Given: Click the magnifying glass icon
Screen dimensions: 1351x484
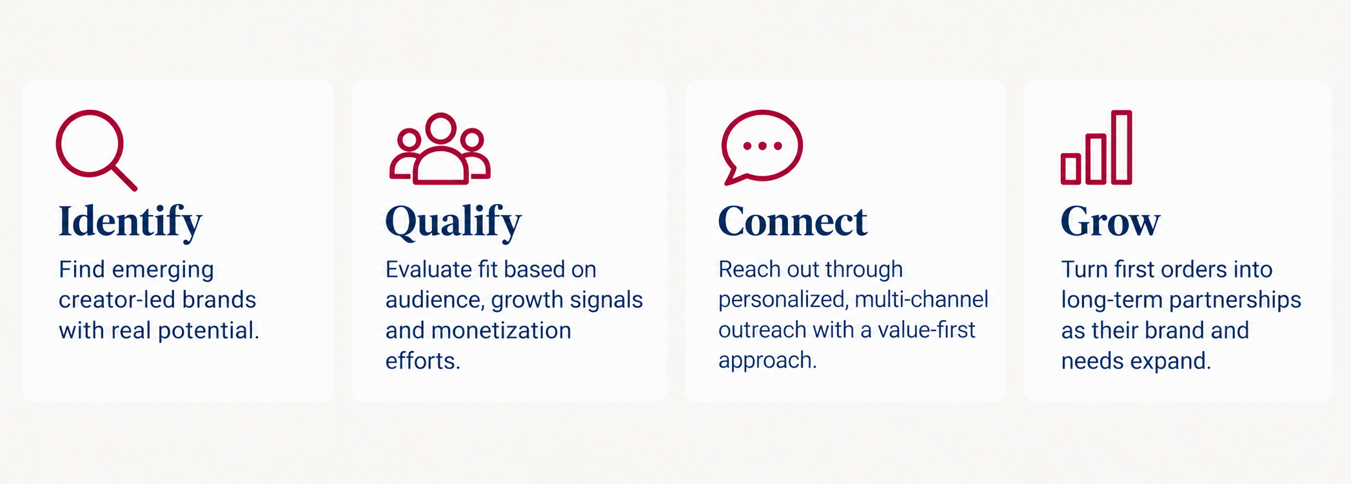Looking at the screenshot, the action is tap(90, 143).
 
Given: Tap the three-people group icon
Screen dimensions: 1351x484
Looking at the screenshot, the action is tap(440, 149).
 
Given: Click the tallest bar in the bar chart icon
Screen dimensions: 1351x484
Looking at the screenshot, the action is tap(1121, 147).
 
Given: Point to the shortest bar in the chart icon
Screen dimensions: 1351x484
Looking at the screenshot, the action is tap(1071, 168).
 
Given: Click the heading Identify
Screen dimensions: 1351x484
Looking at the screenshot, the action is tap(130, 222).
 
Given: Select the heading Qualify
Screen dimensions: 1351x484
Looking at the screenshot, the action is tap(453, 222).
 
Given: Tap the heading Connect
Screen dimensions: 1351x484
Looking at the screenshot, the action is tap(793, 221).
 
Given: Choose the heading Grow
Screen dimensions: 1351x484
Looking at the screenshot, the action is tap(1110, 221).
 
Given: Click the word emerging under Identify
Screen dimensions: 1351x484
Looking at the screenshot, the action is tap(163, 270).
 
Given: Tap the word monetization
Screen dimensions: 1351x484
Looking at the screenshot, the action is tap(501, 330).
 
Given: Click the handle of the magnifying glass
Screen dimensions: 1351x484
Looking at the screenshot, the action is tap(124, 178).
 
